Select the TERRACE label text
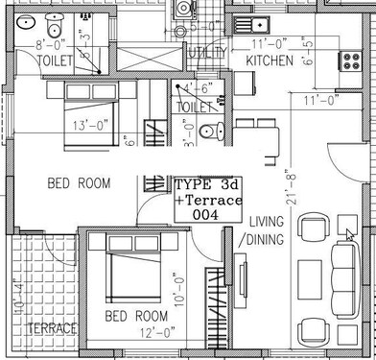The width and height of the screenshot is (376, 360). [x=52, y=329]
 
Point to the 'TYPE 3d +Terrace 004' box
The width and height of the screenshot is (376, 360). [x=207, y=201]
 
